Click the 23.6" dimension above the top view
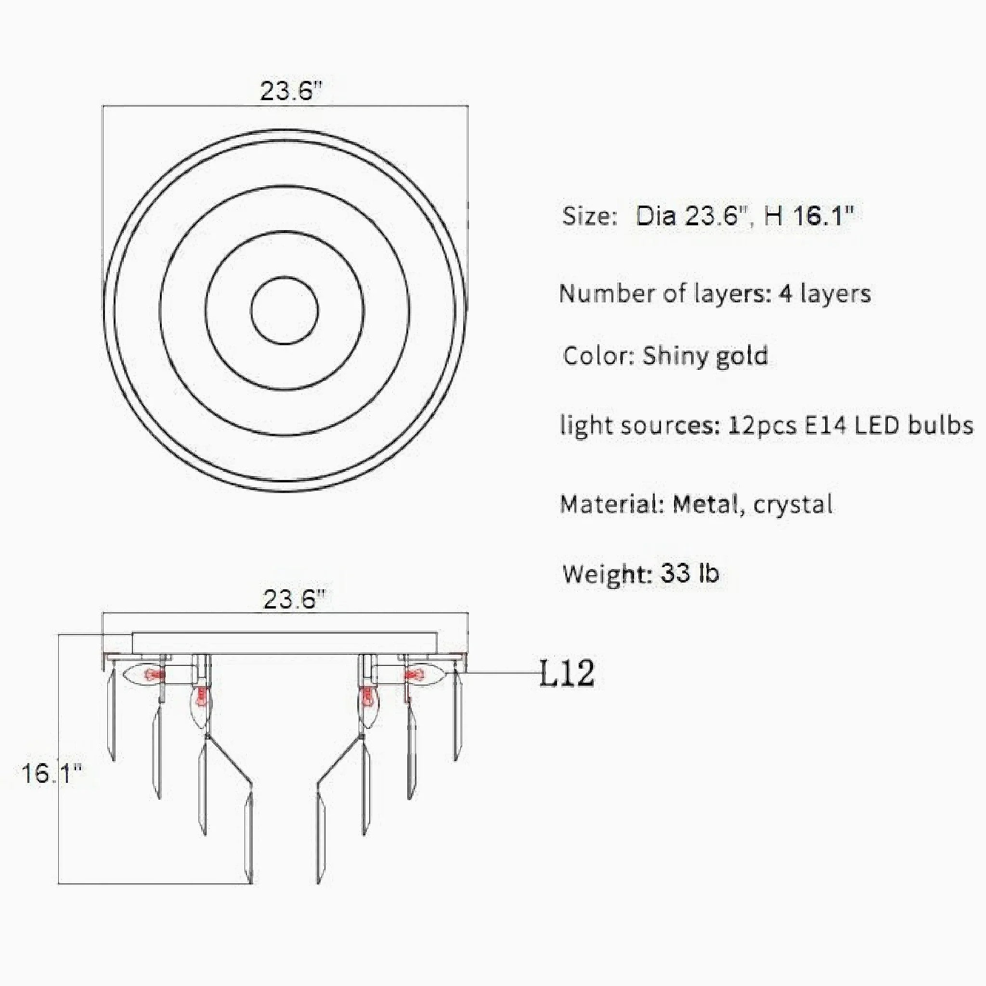coord(291,92)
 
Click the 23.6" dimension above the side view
coord(294,598)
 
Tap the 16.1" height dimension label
coord(51,774)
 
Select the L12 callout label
coord(567,674)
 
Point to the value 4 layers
coord(825,294)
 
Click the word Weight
coord(606,575)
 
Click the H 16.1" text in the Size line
coord(808,216)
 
